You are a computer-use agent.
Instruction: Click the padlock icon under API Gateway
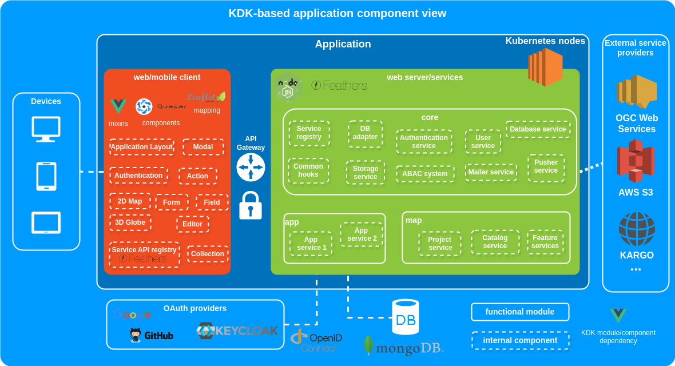point(250,206)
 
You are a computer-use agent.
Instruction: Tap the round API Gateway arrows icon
point(251,167)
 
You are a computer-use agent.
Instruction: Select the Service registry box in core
point(309,133)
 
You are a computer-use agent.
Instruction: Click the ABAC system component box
point(425,174)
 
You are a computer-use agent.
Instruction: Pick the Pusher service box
point(546,167)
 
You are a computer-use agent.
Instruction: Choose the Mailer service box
point(491,172)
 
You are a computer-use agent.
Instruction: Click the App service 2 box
point(362,234)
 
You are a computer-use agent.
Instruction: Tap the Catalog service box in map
point(495,242)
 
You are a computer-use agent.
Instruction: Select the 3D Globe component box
point(130,222)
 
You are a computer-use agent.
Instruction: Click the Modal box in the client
point(203,147)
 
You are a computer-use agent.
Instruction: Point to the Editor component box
point(192,224)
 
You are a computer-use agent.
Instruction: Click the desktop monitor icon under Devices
point(46,129)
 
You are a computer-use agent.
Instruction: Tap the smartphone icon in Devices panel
point(46,176)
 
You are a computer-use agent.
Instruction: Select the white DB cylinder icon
point(406,317)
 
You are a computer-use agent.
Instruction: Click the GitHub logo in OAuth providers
point(152,335)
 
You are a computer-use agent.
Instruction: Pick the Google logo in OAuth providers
point(132,315)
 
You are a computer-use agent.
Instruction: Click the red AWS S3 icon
point(636,161)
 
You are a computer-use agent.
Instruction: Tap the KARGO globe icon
point(637,229)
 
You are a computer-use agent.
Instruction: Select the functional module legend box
point(520,312)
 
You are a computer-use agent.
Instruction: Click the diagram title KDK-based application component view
point(337,13)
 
